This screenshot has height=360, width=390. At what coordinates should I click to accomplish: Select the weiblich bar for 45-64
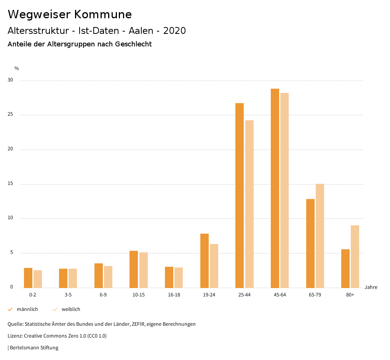pyautogui.click(x=285, y=190)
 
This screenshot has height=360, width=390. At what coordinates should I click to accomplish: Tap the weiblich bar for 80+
pyautogui.click(x=355, y=256)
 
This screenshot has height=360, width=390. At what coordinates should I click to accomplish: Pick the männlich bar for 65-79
pyautogui.click(x=310, y=243)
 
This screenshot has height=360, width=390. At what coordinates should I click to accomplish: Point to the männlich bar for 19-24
pyautogui.click(x=205, y=261)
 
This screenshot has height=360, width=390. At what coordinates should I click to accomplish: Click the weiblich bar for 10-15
pyautogui.click(x=143, y=270)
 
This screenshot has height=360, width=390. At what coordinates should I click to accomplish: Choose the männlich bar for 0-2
pyautogui.click(x=28, y=278)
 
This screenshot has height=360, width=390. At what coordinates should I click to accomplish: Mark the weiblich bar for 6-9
pyautogui.click(x=108, y=277)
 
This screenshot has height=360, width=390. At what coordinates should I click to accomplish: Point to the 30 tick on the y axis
pyautogui.click(x=10, y=80)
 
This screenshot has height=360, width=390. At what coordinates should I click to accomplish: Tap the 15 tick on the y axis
pyautogui.click(x=10, y=184)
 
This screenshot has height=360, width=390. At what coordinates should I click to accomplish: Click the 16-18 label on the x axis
pyautogui.click(x=174, y=295)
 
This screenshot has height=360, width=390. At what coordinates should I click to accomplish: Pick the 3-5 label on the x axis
pyautogui.click(x=68, y=295)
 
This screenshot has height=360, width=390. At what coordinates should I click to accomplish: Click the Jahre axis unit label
pyautogui.click(x=371, y=287)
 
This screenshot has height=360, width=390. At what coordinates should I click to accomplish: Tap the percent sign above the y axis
pyautogui.click(x=17, y=68)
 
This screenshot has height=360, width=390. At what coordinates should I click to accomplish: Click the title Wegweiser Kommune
pyautogui.click(x=70, y=14)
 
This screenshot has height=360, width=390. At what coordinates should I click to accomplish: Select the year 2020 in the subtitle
pyautogui.click(x=174, y=31)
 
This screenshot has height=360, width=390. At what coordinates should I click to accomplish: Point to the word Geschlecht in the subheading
pyautogui.click(x=133, y=44)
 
